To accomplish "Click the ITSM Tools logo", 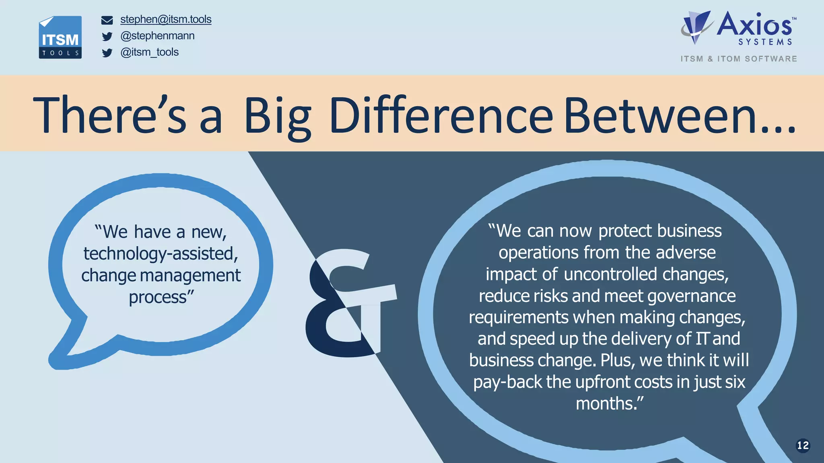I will click(60, 37).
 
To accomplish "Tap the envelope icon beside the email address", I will click(107, 20).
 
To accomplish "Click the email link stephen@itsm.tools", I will click(166, 19).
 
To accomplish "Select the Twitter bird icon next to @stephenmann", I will click(107, 37).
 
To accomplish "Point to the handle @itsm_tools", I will click(149, 52).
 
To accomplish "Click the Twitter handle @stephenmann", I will click(157, 36).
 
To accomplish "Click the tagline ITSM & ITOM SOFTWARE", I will click(739, 59).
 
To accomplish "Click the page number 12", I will click(803, 445).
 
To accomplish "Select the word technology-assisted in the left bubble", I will click(160, 254).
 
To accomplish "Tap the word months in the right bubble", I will click(605, 403).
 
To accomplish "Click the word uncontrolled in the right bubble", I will click(610, 274).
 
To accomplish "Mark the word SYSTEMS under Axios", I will click(765, 42).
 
